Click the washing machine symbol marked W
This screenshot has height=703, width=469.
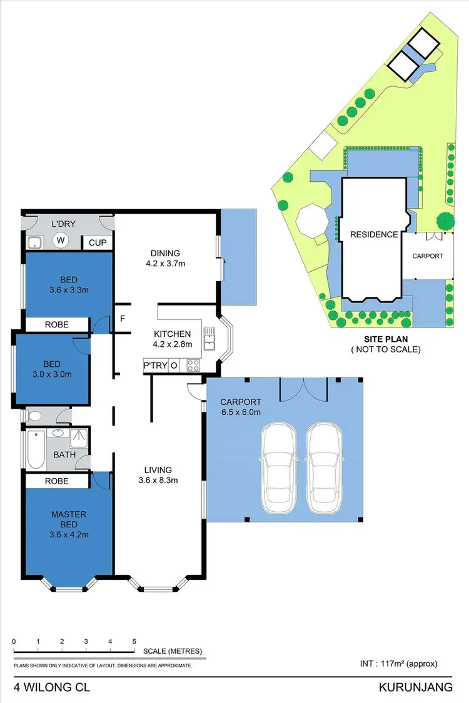point(61,240)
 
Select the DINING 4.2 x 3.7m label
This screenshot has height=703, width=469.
point(165,258)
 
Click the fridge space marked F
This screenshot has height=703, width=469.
point(123,318)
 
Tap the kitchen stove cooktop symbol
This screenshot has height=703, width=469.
point(192,366)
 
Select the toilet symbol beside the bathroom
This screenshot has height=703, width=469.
point(35,415)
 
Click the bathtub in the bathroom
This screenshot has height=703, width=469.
point(35,449)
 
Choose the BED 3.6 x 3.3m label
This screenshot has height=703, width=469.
point(69,286)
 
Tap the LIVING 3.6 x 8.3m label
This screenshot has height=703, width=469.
point(158,475)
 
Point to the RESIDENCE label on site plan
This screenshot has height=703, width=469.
point(374,234)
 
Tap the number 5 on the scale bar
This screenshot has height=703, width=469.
point(134,642)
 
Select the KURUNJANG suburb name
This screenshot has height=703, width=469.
point(415,687)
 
